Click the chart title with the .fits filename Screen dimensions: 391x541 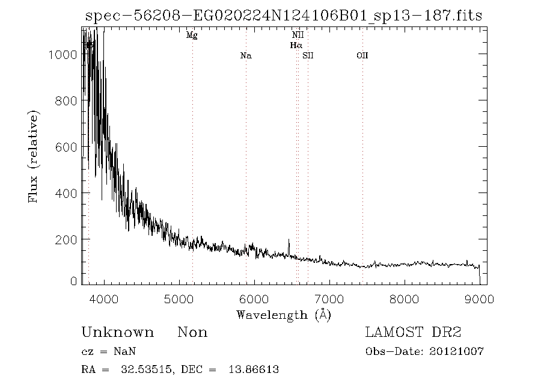coord(283,14)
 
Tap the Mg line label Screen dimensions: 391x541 coord(192,35)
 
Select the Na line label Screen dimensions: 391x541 coord(245,56)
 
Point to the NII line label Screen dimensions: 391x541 coord(297,35)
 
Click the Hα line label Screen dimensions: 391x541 coord(296,45)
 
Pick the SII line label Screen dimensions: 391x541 coord(308,56)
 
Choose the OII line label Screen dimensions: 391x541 coord(362,56)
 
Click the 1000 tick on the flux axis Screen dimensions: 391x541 coord(60,54)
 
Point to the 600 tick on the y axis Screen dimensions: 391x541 coord(63,147)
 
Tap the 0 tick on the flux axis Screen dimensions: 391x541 coord(73,281)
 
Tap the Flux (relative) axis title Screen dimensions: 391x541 coord(34,156)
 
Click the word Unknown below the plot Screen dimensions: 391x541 coord(117,333)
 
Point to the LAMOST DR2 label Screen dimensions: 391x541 coord(413,333)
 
